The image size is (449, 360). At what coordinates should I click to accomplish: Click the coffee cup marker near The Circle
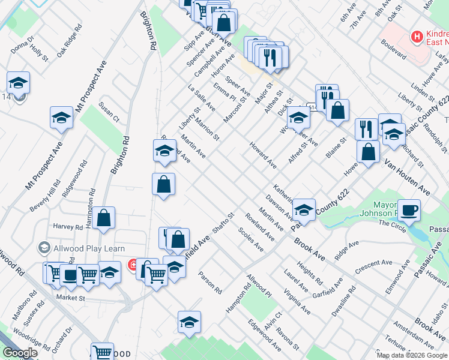click(x=409, y=211)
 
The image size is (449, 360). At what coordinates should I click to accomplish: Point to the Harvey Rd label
click(x=67, y=227)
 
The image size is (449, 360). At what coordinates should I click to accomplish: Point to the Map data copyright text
click(x=411, y=355)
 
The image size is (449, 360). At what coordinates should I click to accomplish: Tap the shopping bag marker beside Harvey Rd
click(x=103, y=219)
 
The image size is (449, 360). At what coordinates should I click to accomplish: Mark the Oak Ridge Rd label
click(x=70, y=40)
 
